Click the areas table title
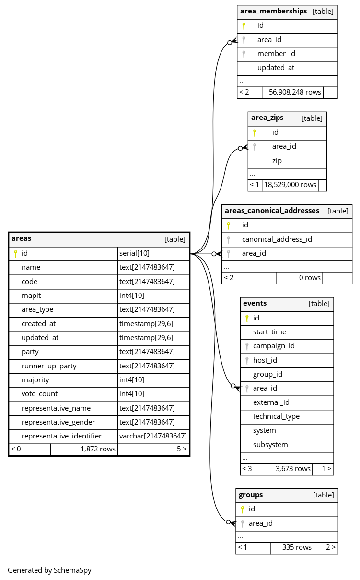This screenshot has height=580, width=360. [x=22, y=238]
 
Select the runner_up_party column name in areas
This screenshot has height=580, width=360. [x=49, y=366]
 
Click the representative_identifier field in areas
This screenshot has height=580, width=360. [x=61, y=436]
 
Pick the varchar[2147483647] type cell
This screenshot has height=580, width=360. [x=153, y=436]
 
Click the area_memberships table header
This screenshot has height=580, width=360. [x=273, y=11]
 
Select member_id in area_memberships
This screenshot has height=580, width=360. [x=276, y=54]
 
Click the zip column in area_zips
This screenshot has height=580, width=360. [x=277, y=161]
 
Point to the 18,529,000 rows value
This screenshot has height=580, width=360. [x=290, y=185]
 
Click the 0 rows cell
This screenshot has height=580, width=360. [x=310, y=278]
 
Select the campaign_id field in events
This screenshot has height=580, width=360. [x=274, y=346]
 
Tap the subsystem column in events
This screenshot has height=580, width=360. [x=270, y=445]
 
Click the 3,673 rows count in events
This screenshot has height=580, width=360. [x=293, y=469]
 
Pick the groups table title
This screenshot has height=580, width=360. [x=251, y=495]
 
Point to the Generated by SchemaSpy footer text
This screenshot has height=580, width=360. [x=49, y=570]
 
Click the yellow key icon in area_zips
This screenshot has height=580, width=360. [x=255, y=132]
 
